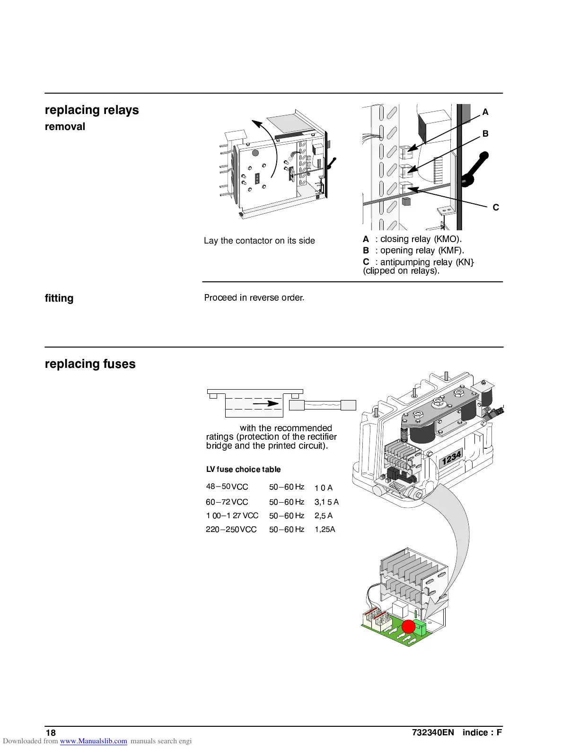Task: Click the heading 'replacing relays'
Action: [x=92, y=110]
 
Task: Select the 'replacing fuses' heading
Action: [x=90, y=364]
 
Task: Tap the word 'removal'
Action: [x=65, y=127]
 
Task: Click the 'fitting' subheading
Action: [x=59, y=298]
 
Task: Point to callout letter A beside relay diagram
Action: [x=485, y=113]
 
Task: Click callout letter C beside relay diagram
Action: [x=496, y=208]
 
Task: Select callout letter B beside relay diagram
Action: [x=485, y=134]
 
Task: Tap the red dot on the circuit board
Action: [x=408, y=627]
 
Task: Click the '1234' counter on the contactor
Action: [x=451, y=458]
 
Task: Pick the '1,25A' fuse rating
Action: [x=325, y=530]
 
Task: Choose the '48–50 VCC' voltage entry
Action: [x=227, y=487]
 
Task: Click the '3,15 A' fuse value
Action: [x=326, y=502]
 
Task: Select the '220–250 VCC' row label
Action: [x=231, y=530]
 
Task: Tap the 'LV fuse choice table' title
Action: [x=243, y=470]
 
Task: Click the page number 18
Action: [x=51, y=733]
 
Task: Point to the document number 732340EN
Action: [x=433, y=733]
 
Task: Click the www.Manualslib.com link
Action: [x=93, y=741]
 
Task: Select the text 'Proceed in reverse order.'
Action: [x=254, y=298]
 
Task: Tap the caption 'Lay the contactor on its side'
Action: [x=259, y=241]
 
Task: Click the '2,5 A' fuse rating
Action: [x=324, y=516]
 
